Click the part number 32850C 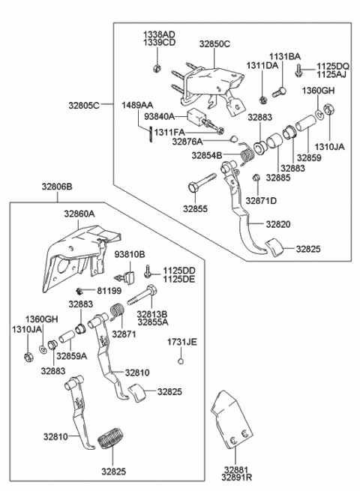[x=214, y=43]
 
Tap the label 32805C [x=84, y=105]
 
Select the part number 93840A [x=159, y=116]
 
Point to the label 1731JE [x=181, y=343]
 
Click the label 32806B [x=57, y=187]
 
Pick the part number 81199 [x=109, y=291]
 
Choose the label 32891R [x=236, y=478]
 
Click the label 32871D [x=261, y=201]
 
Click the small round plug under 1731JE [x=180, y=361]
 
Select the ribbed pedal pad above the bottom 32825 [x=111, y=441]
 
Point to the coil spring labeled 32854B [x=247, y=154]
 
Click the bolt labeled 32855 [x=202, y=183]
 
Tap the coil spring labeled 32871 [x=118, y=312]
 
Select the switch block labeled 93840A [x=196, y=116]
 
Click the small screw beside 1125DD [x=148, y=271]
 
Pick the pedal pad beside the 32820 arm [x=274, y=247]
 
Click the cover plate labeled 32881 [x=232, y=419]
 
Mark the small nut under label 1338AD [x=157, y=67]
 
